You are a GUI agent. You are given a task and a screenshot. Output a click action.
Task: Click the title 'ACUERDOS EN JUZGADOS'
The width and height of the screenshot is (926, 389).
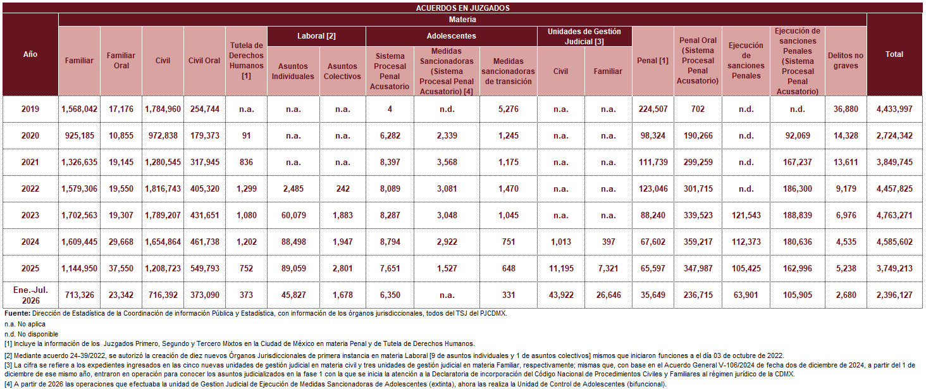tap(462, 8)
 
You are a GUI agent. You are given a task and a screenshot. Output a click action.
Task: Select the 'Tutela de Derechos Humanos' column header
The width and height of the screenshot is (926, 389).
tap(246, 60)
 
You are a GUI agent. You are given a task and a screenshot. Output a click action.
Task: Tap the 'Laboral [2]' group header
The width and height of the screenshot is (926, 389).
tap(316, 36)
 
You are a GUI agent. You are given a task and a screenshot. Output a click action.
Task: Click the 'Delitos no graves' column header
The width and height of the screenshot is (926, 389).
tap(846, 60)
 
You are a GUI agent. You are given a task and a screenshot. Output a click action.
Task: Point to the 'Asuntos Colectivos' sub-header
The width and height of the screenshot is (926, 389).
tap(342, 71)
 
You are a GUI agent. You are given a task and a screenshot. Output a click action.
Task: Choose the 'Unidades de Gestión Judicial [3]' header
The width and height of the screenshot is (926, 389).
tap(584, 37)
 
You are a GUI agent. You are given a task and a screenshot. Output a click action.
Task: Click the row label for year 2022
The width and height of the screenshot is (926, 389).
tap(30, 188)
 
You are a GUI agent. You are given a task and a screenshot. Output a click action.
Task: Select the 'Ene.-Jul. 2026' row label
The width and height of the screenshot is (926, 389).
tap(30, 295)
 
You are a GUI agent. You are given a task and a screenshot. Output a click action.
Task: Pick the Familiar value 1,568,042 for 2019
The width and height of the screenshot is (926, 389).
tap(79, 109)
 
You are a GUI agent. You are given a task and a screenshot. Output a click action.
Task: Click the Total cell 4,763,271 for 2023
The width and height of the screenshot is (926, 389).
tap(894, 216)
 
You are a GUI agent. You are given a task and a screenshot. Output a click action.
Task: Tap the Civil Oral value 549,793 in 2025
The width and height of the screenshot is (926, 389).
tap(205, 268)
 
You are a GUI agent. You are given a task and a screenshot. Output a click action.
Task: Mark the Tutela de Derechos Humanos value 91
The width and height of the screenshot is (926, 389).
tap(246, 135)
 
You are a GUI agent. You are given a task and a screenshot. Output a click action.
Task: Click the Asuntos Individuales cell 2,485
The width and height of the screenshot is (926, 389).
tap(293, 188)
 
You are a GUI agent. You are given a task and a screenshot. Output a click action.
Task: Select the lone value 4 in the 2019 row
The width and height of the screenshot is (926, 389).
tap(390, 109)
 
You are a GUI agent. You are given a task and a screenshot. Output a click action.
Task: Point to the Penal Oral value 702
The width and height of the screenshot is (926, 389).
tap(698, 109)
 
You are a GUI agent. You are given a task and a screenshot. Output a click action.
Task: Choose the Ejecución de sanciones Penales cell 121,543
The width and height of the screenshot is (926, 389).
tap(746, 216)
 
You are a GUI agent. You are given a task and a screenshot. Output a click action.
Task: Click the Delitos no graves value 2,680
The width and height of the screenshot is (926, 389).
tap(846, 295)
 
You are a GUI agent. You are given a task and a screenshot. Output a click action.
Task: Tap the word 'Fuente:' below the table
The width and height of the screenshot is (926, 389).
tap(17, 313)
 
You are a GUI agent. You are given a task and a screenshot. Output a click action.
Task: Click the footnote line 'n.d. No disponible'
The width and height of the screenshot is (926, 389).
tap(32, 334)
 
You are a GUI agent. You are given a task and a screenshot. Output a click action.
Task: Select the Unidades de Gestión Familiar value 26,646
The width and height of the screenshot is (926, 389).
tap(608, 295)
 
